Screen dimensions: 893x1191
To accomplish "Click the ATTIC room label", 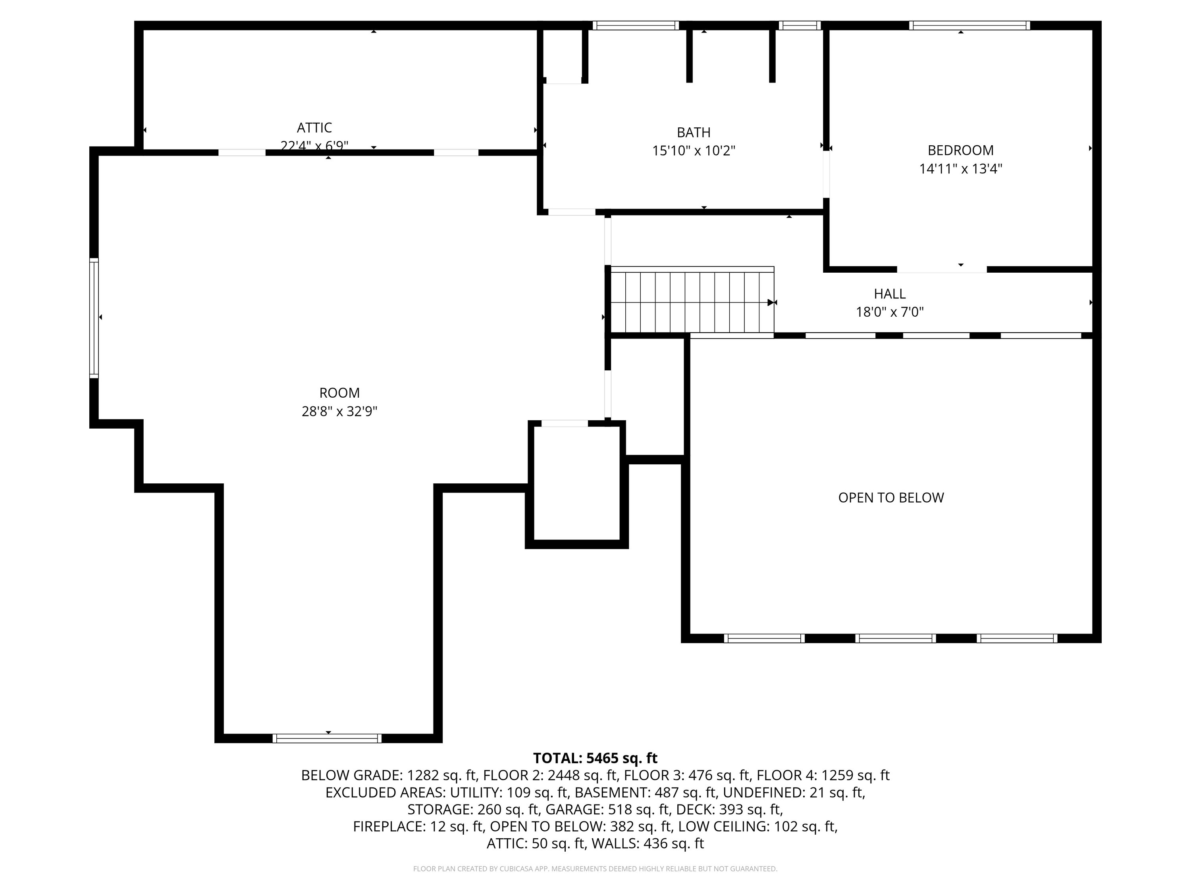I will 314,127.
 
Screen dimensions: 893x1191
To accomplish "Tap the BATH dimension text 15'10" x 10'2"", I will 694,151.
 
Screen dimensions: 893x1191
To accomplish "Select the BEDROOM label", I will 961,150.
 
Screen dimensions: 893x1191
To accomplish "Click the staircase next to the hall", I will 692,301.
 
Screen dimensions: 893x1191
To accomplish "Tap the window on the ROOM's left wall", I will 94,318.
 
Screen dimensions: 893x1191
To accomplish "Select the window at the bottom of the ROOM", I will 328,739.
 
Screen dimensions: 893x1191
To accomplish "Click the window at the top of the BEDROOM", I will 969,25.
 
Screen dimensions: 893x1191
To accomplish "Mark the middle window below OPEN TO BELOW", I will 895,638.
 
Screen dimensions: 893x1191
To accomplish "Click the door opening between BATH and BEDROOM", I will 826,174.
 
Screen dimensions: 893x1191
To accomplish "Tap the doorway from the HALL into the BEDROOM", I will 941,269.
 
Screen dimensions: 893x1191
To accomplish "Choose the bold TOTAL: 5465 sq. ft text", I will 595,758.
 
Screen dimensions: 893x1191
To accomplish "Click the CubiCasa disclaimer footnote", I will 595,869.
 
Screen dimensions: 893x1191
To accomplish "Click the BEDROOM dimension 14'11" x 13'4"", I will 961,169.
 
